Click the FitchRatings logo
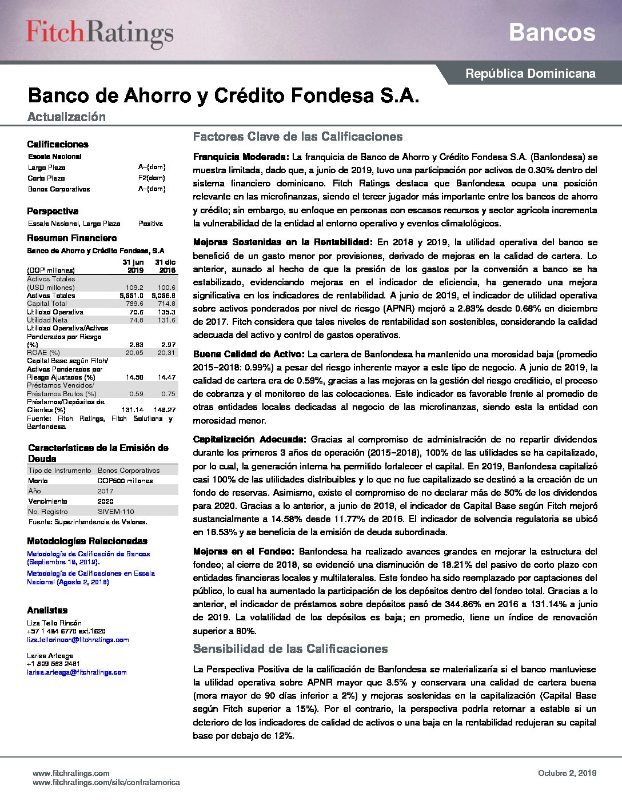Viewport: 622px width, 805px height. tap(99, 33)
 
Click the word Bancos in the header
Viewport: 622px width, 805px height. tap(552, 33)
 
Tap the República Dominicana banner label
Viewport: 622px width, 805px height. tap(530, 74)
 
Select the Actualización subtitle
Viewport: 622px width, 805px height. tap(66, 117)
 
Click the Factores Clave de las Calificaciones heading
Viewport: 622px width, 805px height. tap(297, 137)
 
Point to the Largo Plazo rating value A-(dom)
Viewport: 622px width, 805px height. tap(151, 168)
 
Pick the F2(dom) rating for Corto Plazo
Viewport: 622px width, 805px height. tap(151, 178)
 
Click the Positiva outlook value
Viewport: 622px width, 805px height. tap(150, 224)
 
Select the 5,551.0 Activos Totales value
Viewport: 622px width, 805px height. tap(131, 296)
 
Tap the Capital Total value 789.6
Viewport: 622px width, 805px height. tap(134, 304)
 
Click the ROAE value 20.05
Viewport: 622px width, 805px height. tap(134, 353)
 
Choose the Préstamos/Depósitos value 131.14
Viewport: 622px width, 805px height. tap(133, 410)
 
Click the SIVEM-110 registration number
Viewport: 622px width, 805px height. tap(115, 512)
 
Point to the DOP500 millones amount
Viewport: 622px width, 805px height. tap(125, 481)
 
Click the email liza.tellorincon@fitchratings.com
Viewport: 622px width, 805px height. tap(78, 640)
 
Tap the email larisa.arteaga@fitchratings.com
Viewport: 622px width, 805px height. tap(77, 672)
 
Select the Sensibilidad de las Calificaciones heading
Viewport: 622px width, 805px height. tap(290, 649)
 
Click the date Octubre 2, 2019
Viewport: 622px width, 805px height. tap(567, 773)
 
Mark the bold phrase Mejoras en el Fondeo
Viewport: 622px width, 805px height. tap(244, 552)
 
